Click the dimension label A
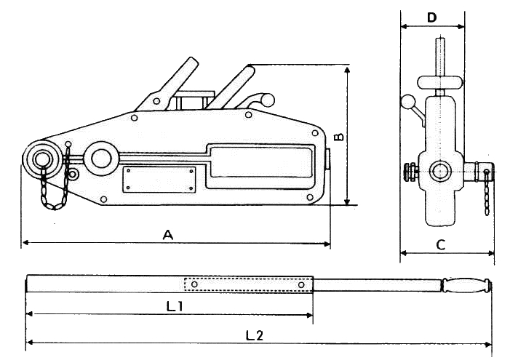pyautogui.click(x=168, y=234)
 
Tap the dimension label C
pyautogui.click(x=441, y=244)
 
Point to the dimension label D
pyautogui.click(x=432, y=17)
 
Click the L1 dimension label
pyautogui.click(x=174, y=306)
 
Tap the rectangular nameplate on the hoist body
pyautogui.click(x=159, y=180)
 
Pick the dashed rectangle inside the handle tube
pyautogui.click(x=247, y=284)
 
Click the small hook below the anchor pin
pyautogui.click(x=73, y=175)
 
